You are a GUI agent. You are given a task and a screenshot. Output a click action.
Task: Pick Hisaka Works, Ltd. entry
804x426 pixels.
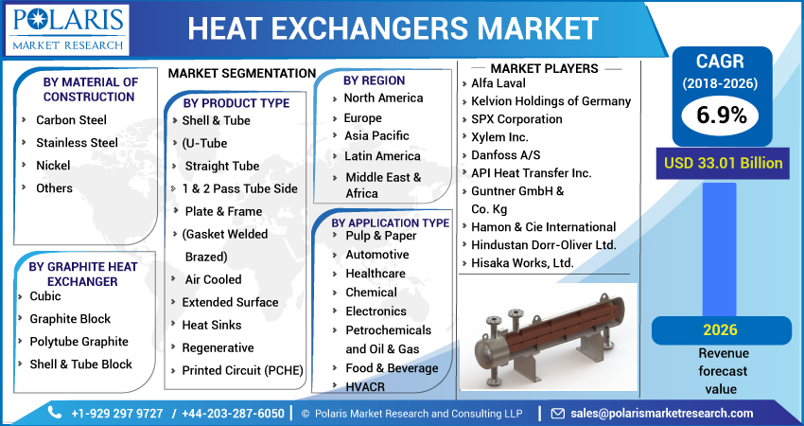pyautogui.click(x=522, y=262)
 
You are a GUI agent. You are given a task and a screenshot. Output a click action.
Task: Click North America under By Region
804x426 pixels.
pyautogui.click(x=383, y=98)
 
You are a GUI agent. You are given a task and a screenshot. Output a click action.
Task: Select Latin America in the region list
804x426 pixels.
pyautogui.click(x=382, y=155)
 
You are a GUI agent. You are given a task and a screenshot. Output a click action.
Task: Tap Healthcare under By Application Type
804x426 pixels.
pyautogui.click(x=376, y=274)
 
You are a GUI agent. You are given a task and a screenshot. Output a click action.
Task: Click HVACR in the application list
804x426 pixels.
pyautogui.click(x=364, y=386)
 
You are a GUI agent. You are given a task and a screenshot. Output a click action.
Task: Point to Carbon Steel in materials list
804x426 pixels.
pyautogui.click(x=71, y=120)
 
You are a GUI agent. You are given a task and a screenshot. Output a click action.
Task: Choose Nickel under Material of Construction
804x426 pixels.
pyautogui.click(x=53, y=166)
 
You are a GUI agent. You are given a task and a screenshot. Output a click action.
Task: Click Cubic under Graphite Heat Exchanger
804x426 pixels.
pyautogui.click(x=45, y=296)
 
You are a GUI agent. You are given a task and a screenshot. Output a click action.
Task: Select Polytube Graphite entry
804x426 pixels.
pyautogui.click(x=79, y=342)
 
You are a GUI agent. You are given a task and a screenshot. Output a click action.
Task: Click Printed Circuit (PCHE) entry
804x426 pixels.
pyautogui.click(x=242, y=370)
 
